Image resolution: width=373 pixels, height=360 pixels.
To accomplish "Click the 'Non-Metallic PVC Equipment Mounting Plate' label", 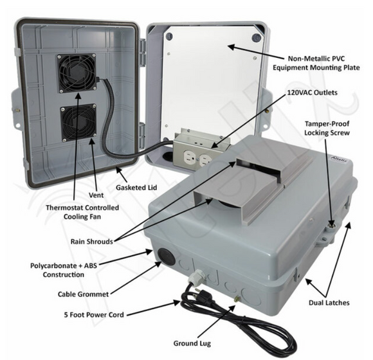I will click(315, 62).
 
